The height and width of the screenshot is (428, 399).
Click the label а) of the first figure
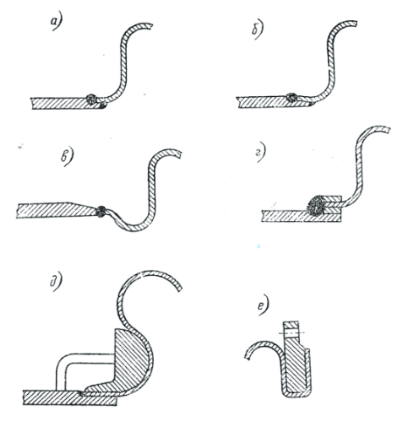(x=56, y=23)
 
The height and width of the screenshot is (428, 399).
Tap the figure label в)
(x=67, y=157)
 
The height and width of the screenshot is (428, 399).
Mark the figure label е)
(x=263, y=307)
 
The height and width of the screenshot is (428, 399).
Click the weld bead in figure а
(x=92, y=99)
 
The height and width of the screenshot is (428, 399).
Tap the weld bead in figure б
(x=291, y=98)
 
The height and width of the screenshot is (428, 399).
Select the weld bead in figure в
(x=101, y=211)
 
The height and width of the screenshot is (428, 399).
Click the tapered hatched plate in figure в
(x=57, y=211)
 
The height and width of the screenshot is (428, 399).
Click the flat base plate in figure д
(x=70, y=397)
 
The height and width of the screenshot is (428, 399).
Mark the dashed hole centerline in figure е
(x=291, y=332)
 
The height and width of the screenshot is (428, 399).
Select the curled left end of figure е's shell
(x=248, y=355)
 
